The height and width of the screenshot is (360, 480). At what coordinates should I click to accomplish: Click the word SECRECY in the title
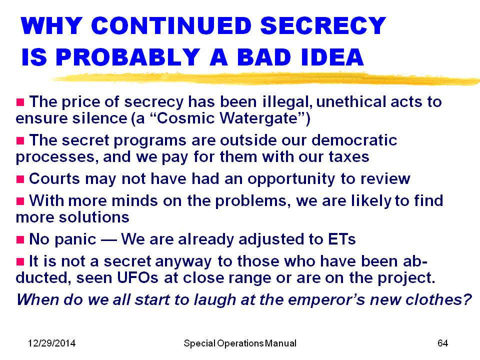323,25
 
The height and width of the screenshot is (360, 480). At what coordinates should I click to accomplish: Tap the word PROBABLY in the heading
128,57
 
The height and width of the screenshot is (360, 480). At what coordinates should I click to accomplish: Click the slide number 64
442,343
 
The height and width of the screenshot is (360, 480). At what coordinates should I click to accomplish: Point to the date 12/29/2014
51,343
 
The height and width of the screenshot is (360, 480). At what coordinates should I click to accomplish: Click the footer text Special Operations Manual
240,343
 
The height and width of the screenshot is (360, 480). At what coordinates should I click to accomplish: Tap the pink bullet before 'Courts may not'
20,179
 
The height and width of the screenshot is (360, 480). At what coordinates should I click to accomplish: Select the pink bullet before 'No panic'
20,239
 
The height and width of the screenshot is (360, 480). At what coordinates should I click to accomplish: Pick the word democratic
354,140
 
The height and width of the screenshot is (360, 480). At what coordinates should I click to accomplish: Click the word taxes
349,157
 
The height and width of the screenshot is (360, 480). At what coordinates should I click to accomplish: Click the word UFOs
138,278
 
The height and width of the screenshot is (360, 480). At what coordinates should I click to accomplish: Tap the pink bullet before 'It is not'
20,261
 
